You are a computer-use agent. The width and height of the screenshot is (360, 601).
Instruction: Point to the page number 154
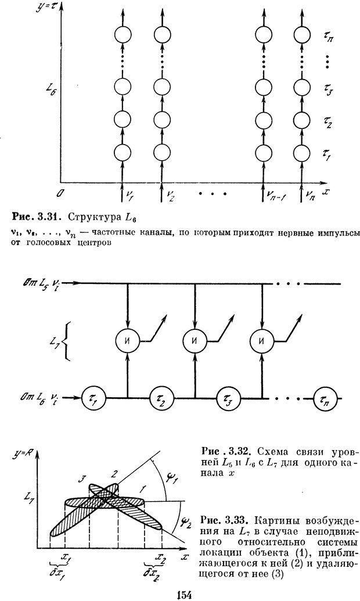[x=183, y=593]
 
